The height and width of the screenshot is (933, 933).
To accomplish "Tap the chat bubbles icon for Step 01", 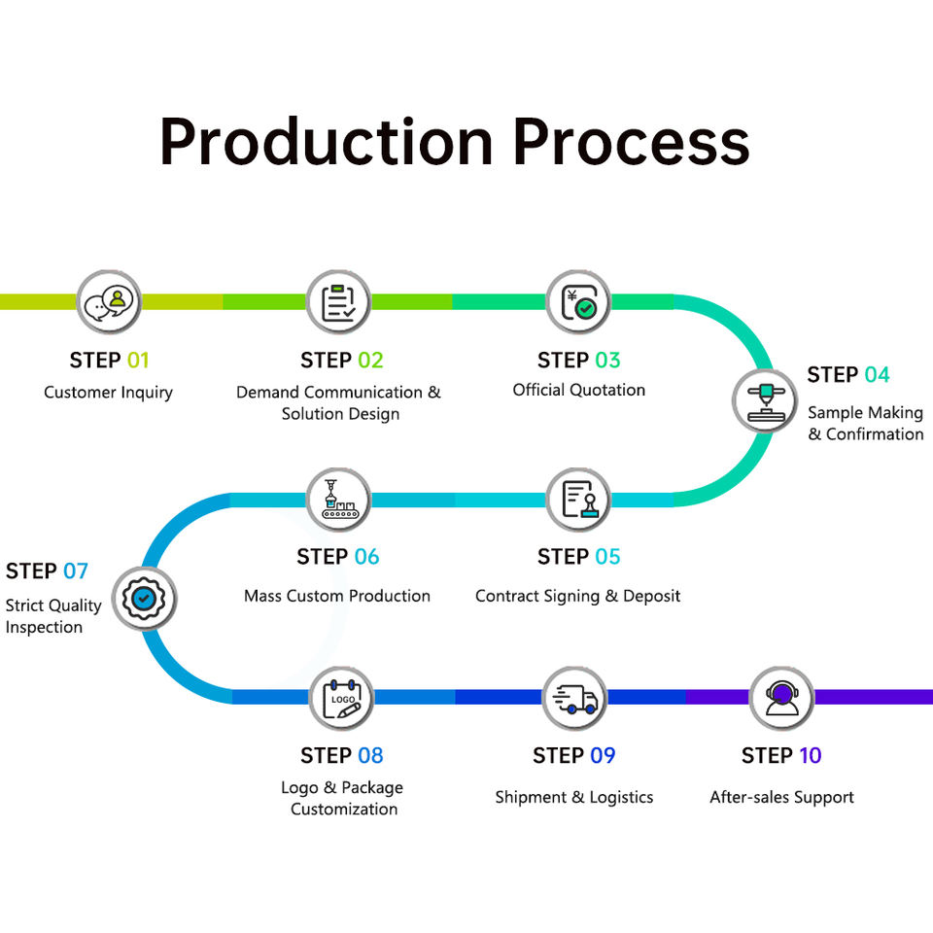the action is click(109, 302).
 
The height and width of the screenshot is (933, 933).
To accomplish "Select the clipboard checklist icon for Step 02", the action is click(338, 302).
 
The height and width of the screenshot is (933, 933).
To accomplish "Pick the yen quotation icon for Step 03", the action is click(579, 302).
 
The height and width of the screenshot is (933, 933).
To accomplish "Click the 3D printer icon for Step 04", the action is click(765, 401).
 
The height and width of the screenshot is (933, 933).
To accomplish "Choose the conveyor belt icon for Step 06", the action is click(338, 499).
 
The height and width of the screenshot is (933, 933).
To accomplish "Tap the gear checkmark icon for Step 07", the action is click(144, 599).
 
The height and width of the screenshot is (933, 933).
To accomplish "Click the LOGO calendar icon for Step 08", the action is click(342, 698).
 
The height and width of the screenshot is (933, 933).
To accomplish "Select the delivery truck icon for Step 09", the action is click(575, 699).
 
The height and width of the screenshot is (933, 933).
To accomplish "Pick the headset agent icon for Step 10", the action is click(781, 698).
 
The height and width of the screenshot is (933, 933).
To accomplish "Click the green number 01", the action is click(137, 360).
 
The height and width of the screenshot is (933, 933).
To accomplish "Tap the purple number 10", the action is click(810, 755).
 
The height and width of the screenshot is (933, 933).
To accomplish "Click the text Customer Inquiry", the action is click(108, 393).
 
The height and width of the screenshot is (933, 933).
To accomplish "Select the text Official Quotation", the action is click(579, 391).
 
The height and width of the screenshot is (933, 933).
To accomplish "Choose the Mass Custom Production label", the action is click(337, 596).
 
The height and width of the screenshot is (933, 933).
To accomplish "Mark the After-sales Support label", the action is click(781, 797).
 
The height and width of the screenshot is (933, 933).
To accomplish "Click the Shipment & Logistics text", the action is click(574, 797).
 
